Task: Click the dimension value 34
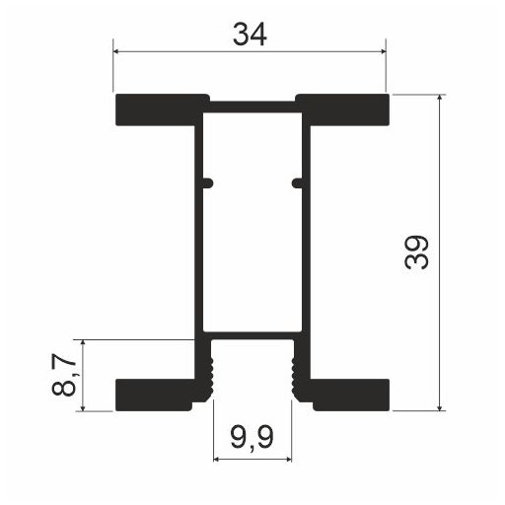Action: [x=250, y=35]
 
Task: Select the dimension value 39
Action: [x=416, y=252]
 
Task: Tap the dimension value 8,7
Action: [x=64, y=375]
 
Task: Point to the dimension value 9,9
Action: [x=252, y=438]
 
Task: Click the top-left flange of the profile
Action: [x=159, y=109]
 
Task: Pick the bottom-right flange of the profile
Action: [x=350, y=395]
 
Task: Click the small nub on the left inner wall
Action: [x=208, y=183]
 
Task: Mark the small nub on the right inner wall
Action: [x=297, y=183]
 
